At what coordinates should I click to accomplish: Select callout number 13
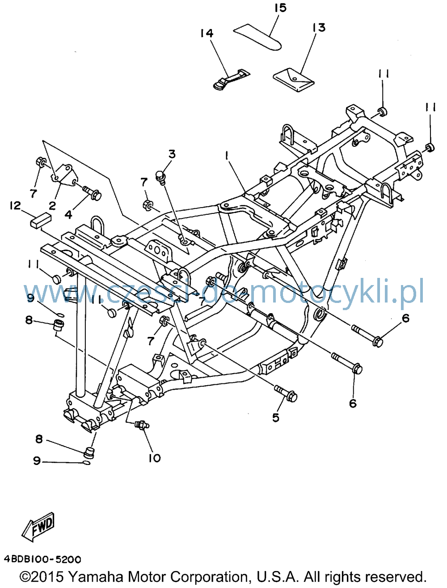(319, 28)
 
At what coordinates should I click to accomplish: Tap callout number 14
(207, 34)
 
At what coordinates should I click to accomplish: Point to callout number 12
(15, 206)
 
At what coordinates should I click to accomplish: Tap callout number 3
(172, 154)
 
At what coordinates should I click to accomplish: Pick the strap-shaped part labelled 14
(230, 80)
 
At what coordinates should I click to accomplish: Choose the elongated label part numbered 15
(257, 37)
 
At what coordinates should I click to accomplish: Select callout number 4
(68, 215)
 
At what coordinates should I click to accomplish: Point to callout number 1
(227, 156)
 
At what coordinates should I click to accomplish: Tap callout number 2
(52, 206)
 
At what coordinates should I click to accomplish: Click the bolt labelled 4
(92, 193)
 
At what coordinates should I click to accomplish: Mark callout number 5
(276, 418)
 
